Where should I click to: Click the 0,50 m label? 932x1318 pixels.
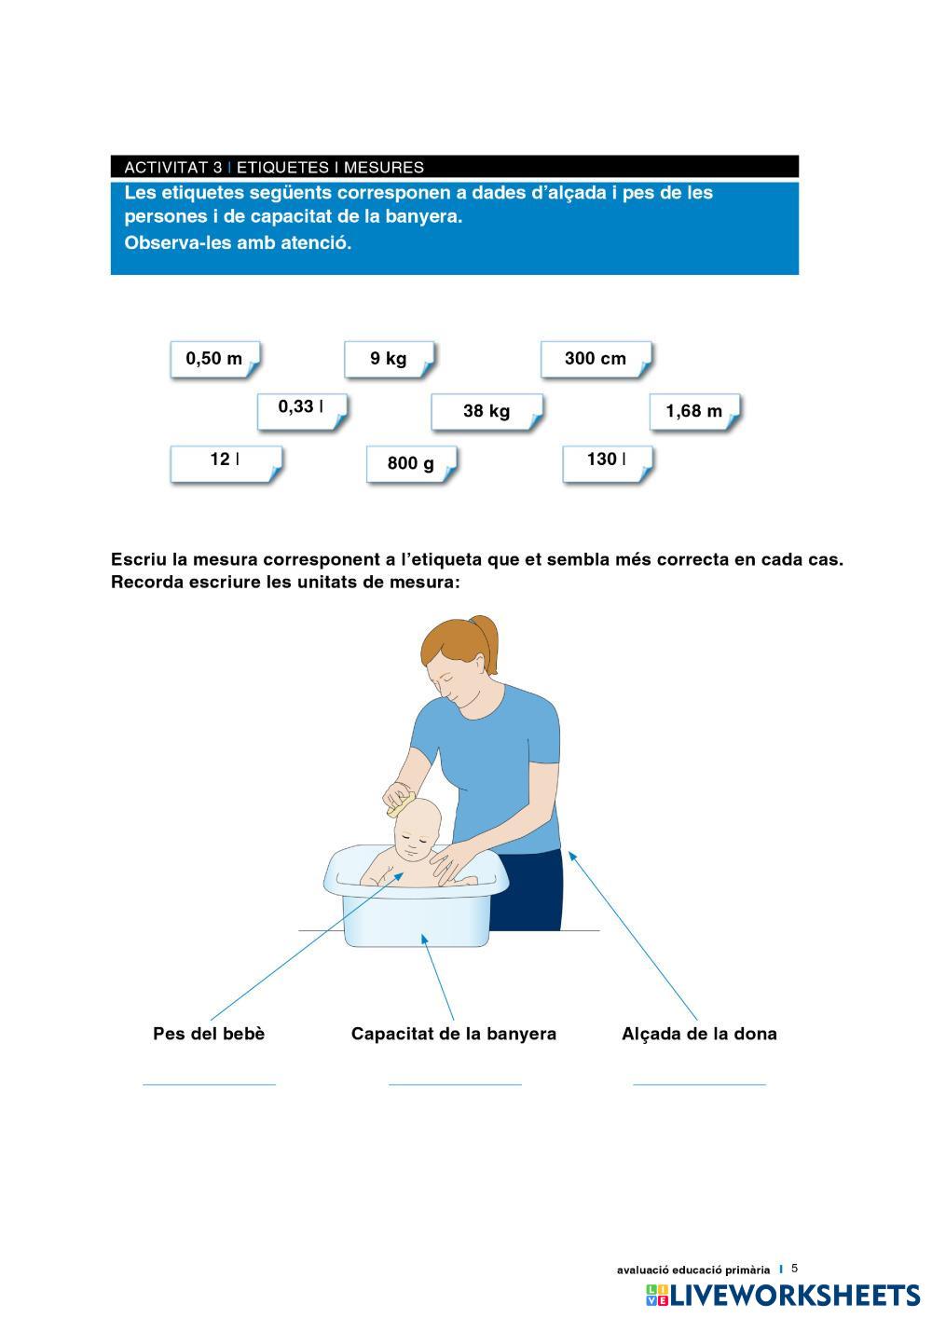click(x=215, y=359)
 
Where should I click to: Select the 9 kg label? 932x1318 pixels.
click(x=390, y=359)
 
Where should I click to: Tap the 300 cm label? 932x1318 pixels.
click(x=596, y=359)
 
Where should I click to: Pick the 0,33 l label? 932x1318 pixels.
click(x=302, y=411)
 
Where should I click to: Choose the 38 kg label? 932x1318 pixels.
click(x=487, y=411)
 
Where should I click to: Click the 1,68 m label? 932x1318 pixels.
click(x=695, y=411)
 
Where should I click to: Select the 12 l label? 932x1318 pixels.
click(x=226, y=464)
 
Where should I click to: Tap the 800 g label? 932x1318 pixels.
click(x=412, y=464)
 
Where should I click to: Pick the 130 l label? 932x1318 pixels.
click(x=608, y=464)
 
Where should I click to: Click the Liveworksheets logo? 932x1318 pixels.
click(x=783, y=1297)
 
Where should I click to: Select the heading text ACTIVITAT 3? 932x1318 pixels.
click(x=173, y=168)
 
